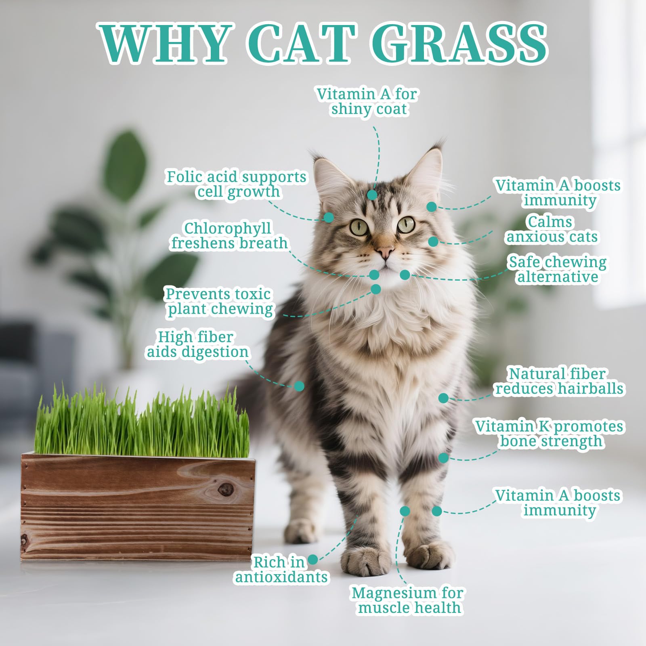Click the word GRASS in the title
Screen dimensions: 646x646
(459, 43)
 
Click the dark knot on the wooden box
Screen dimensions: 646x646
(224, 490)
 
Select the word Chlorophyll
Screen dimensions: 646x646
(228, 228)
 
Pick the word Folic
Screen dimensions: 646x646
(184, 176)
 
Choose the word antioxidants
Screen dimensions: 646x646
(281, 577)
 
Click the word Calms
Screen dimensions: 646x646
(550, 222)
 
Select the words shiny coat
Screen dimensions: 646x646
(369, 109)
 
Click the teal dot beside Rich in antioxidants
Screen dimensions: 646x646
(313, 560)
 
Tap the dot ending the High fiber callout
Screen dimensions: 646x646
(299, 386)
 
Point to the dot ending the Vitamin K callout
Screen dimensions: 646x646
(443, 457)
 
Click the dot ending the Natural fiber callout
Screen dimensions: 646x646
(443, 398)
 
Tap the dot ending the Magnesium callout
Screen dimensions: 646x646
(405, 511)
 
